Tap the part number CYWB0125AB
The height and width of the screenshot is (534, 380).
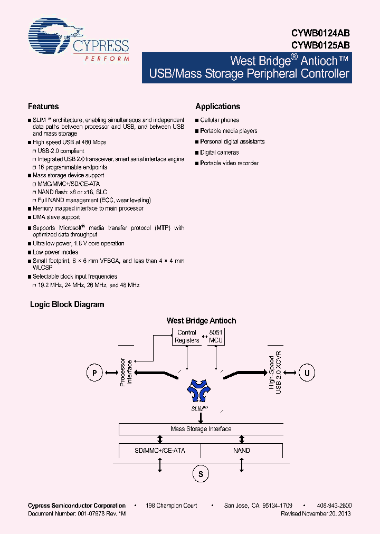click(x=320, y=45)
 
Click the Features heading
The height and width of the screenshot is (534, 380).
click(x=43, y=106)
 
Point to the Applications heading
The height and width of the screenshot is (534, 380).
click(x=217, y=106)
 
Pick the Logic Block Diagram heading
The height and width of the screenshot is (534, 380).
click(x=67, y=304)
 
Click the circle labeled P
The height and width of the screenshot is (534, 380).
click(x=94, y=373)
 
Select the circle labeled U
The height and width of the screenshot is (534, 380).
click(x=306, y=373)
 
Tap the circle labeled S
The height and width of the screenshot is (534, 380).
click(x=201, y=474)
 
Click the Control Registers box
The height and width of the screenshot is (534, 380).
click(x=187, y=337)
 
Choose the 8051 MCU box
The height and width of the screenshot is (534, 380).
click(x=216, y=337)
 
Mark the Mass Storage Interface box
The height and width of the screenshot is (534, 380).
click(x=201, y=429)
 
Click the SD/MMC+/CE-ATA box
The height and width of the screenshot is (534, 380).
click(x=160, y=451)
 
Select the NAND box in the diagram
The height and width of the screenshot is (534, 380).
click(x=242, y=451)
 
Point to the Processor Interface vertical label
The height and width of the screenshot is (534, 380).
click(x=126, y=373)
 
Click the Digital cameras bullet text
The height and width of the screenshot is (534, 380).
click(x=220, y=152)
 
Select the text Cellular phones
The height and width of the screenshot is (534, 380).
click(x=220, y=120)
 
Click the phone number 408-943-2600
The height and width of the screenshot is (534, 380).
click(x=335, y=506)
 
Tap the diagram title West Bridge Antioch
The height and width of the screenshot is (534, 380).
click(x=201, y=320)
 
